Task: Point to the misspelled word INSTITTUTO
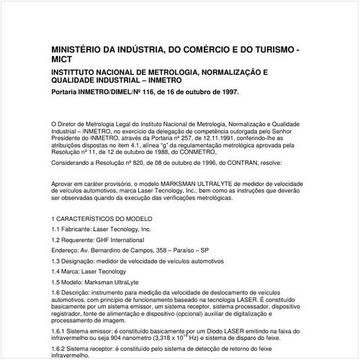pyautogui.click(x=76, y=74)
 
